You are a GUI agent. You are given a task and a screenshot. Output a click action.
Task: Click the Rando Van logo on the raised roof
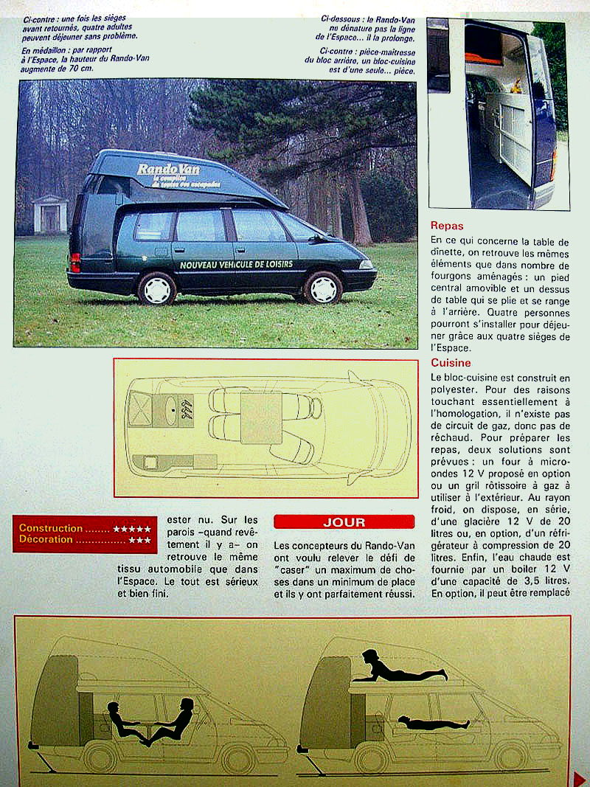point(169,170)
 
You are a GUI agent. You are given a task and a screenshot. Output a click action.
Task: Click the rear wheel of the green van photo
point(156,288)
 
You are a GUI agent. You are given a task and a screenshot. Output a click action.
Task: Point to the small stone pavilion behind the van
point(50,214)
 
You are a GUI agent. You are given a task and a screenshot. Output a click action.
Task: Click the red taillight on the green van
point(74,262)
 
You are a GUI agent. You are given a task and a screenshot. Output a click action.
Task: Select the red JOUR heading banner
point(344,522)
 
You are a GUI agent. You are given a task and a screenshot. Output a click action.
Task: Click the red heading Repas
point(447,226)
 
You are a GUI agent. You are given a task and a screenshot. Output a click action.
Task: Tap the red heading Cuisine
point(451,363)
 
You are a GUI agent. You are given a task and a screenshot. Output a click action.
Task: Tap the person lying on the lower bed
point(431,722)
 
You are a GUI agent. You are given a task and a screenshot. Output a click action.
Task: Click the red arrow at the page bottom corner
point(579,777)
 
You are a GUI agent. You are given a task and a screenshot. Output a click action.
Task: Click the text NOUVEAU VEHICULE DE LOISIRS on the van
point(236,264)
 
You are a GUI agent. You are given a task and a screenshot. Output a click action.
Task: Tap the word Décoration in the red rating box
point(46,540)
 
